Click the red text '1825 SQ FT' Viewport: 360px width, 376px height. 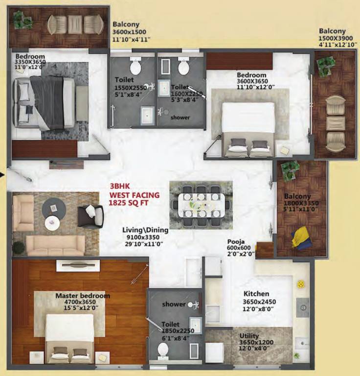[x=129, y=203]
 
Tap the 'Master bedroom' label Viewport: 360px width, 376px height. [x=83, y=296]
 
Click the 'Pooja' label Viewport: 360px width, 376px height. [x=236, y=241]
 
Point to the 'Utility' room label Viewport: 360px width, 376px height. [x=249, y=336]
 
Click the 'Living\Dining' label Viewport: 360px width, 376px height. [x=145, y=230]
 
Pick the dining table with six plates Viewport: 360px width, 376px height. [x=201, y=205]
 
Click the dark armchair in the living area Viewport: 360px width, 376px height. [x=91, y=216]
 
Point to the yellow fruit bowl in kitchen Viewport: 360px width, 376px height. [x=301, y=284]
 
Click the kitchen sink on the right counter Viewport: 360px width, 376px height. [x=303, y=307]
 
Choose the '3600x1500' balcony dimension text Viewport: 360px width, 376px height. [x=129, y=32]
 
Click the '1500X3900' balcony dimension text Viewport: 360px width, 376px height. [x=336, y=38]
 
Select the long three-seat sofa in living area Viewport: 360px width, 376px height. [x=55, y=245]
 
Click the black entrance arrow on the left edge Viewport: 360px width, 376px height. [x=2, y=175]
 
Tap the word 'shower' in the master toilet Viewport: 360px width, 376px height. [x=174, y=304]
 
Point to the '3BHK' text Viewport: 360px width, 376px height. [x=120, y=187]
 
